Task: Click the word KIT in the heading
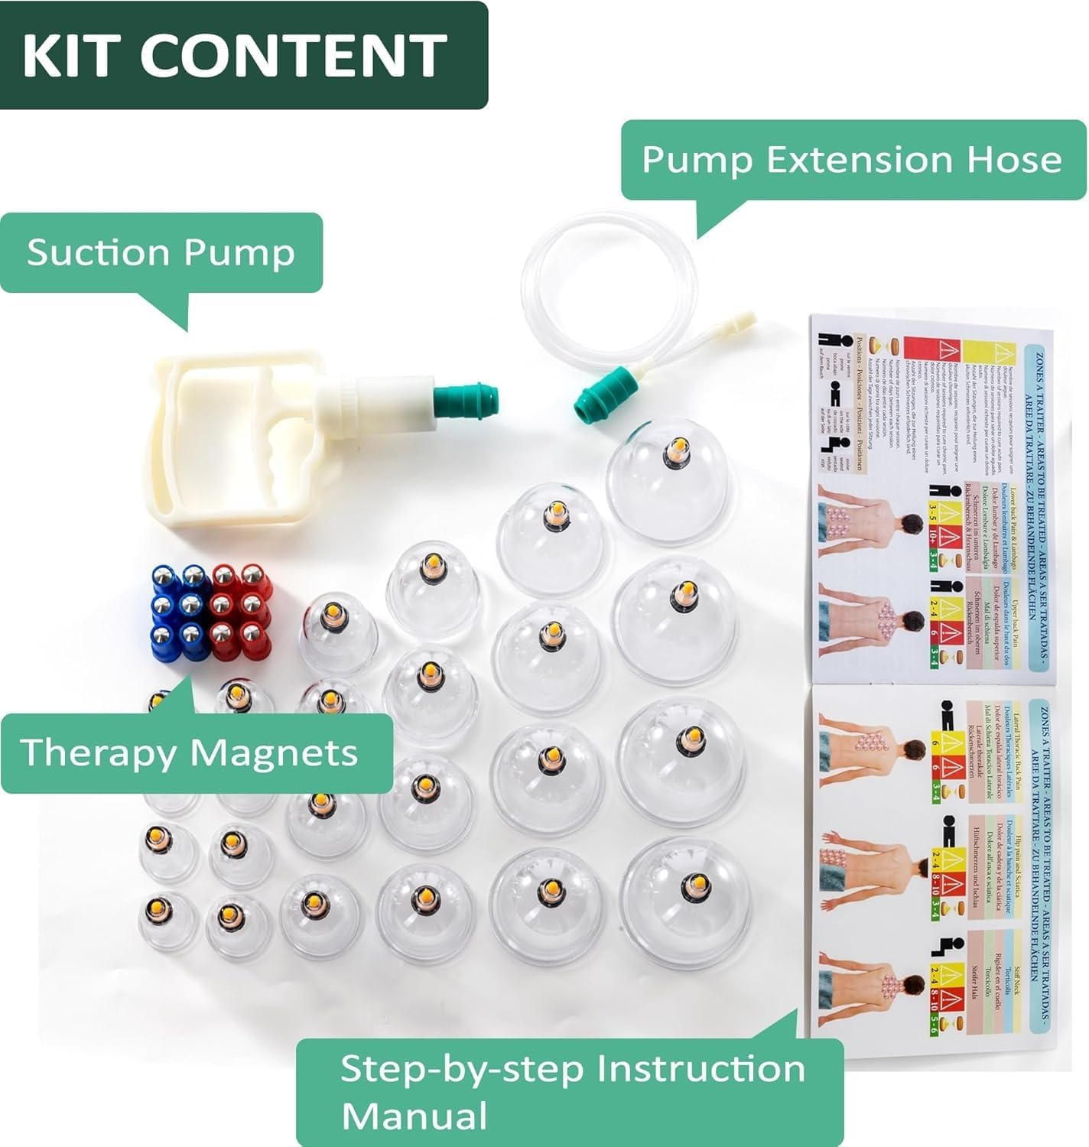pyautogui.click(x=73, y=54)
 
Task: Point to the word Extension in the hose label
pyautogui.click(x=849, y=160)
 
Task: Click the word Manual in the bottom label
pyautogui.click(x=414, y=1115)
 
